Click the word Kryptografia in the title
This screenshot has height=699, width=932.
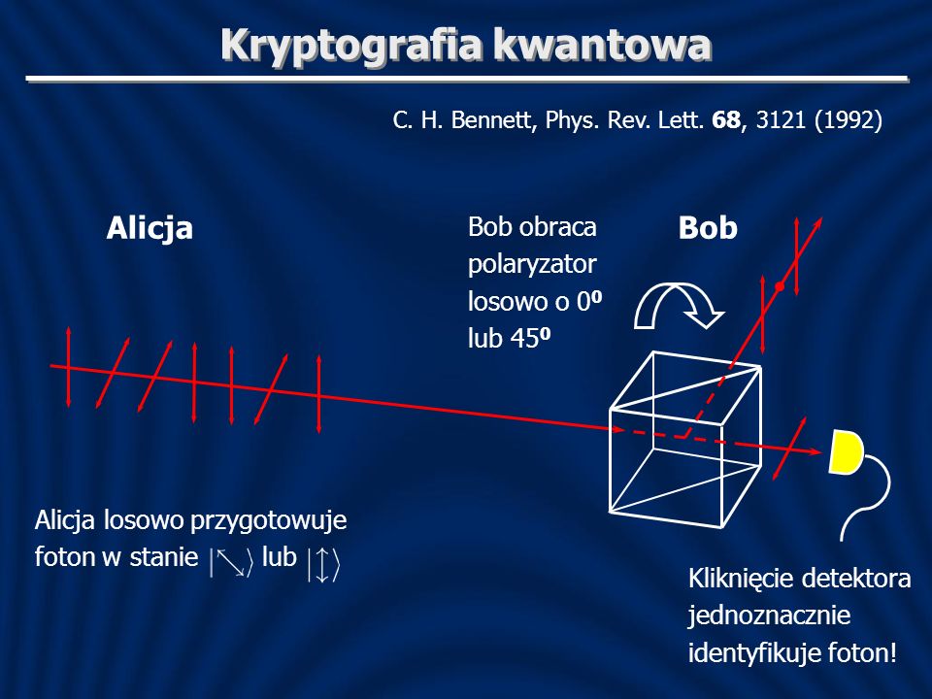(350, 47)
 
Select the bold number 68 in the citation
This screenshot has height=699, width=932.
(726, 120)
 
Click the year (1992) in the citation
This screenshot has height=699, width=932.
(849, 120)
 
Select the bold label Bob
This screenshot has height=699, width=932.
(708, 227)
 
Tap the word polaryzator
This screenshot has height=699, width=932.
(532, 265)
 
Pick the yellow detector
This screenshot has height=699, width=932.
(847, 451)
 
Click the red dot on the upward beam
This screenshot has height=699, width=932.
(780, 286)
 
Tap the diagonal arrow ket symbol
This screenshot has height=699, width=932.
(232, 562)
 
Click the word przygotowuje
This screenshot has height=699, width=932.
(269, 521)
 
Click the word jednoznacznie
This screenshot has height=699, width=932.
(769, 615)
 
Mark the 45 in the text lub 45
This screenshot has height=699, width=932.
(520, 339)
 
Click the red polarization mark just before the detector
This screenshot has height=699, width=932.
(789, 449)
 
